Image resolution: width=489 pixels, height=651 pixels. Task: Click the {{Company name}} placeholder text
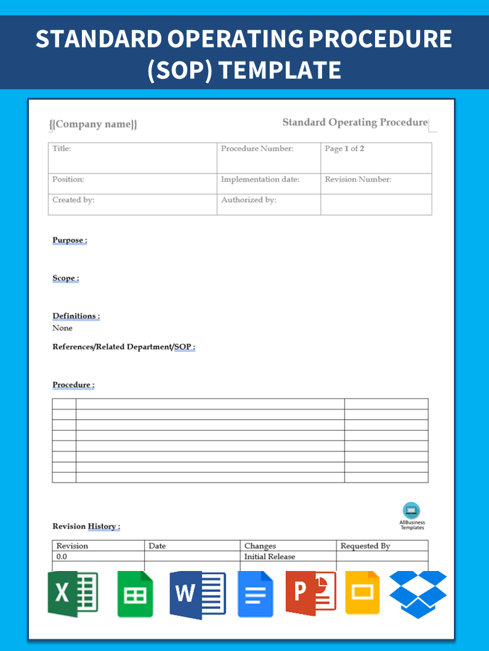(x=93, y=124)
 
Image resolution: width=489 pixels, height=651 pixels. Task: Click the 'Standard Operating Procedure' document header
(x=355, y=122)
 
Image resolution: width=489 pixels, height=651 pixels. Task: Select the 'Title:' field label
(x=62, y=149)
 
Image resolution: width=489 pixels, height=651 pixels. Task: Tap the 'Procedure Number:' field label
(x=257, y=149)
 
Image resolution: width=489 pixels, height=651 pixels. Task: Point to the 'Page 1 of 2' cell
(x=344, y=149)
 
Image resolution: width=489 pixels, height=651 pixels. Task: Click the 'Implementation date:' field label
(x=260, y=180)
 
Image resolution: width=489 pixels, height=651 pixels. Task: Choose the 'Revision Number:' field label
(x=358, y=180)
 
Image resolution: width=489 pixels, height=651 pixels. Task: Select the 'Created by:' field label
(x=73, y=200)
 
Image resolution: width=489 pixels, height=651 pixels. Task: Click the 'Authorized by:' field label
(x=248, y=200)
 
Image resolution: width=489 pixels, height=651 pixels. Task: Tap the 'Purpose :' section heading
(x=70, y=241)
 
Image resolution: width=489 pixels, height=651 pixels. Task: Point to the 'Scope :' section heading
(x=65, y=278)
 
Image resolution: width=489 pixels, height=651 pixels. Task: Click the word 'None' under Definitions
(x=62, y=328)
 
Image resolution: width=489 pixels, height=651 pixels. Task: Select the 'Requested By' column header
(x=365, y=546)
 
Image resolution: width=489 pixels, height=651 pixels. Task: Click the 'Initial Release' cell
(x=269, y=557)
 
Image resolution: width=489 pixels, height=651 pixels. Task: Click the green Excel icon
(x=73, y=594)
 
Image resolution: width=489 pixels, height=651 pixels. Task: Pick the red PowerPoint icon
(x=310, y=593)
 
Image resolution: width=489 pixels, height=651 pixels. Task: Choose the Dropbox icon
(x=418, y=594)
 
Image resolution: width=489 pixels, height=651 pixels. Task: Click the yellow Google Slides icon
(x=362, y=593)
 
